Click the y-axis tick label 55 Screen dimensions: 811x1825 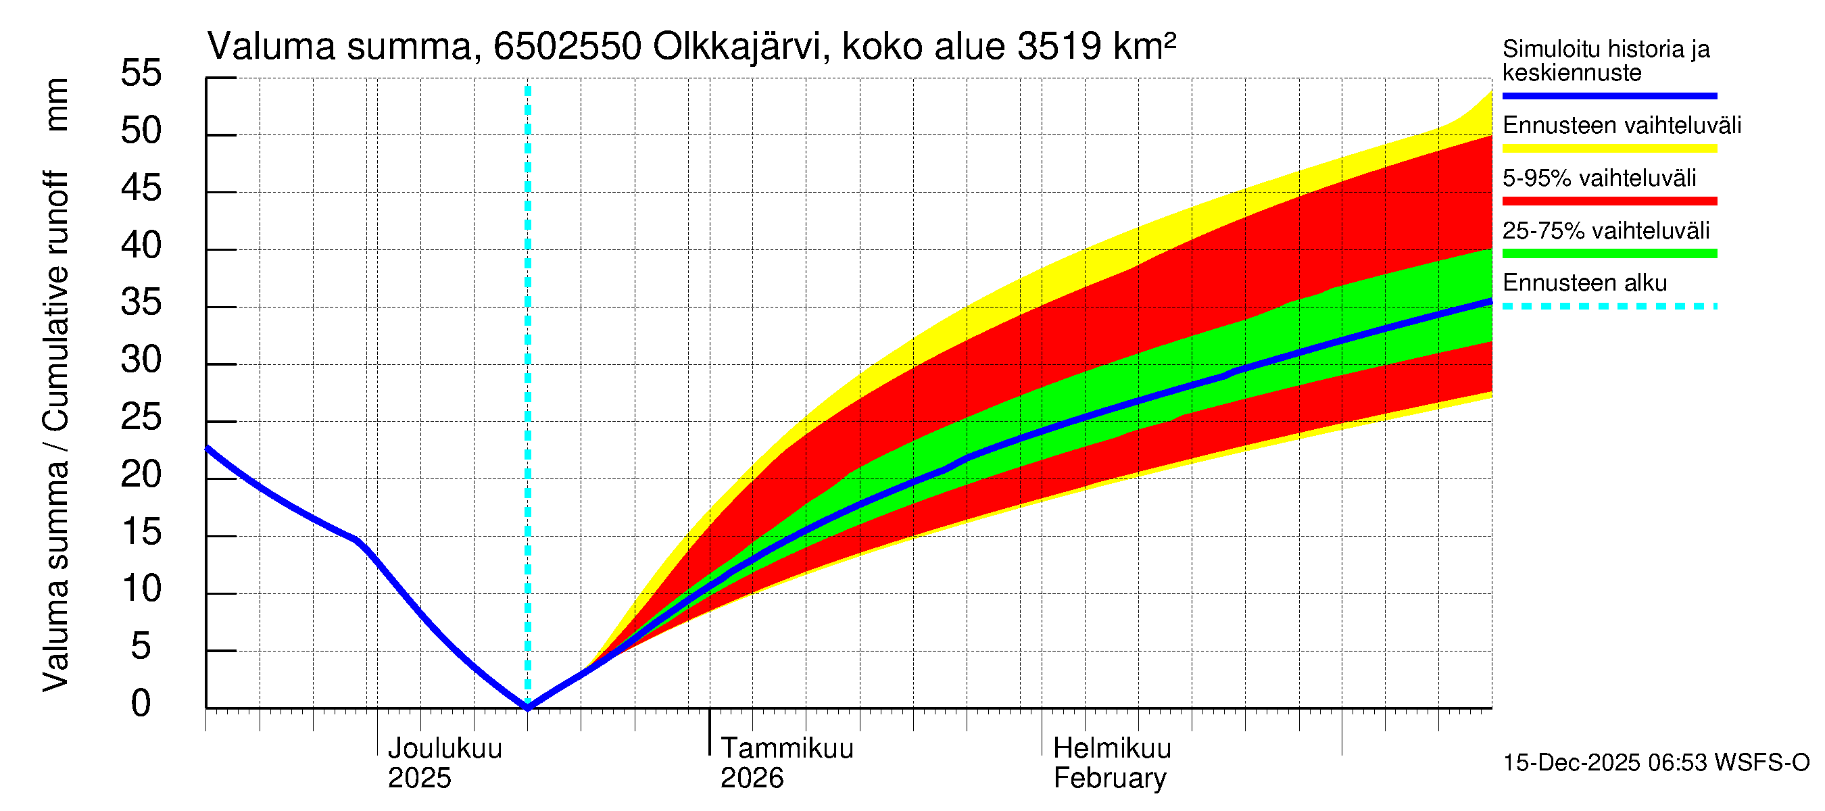click(x=141, y=74)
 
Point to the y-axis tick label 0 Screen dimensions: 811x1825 click(x=141, y=704)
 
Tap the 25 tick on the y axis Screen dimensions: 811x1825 click(x=141, y=417)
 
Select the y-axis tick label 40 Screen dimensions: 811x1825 click(x=141, y=246)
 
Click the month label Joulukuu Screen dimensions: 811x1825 click(x=444, y=749)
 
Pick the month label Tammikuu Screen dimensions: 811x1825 click(x=786, y=749)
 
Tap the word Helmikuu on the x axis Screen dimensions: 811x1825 click(x=1112, y=749)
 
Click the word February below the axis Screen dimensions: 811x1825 click(x=1109, y=779)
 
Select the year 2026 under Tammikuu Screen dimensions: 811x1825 click(x=752, y=779)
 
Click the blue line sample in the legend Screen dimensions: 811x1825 click(x=1609, y=95)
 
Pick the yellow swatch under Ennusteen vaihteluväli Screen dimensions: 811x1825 click(x=1609, y=148)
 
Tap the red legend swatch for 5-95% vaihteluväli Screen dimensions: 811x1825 click(x=1609, y=201)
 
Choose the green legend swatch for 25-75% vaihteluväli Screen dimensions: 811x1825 click(x=1609, y=253)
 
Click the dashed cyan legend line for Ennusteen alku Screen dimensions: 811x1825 click(x=1609, y=307)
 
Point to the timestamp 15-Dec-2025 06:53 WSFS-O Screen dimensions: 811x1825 click(x=1655, y=763)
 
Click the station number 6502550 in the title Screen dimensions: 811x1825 click(x=568, y=47)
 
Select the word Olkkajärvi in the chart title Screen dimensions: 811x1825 click(x=737, y=47)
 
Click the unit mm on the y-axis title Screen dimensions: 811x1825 click(x=57, y=105)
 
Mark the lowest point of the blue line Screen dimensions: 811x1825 click(x=528, y=707)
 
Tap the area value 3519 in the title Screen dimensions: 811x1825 click(x=1058, y=47)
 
